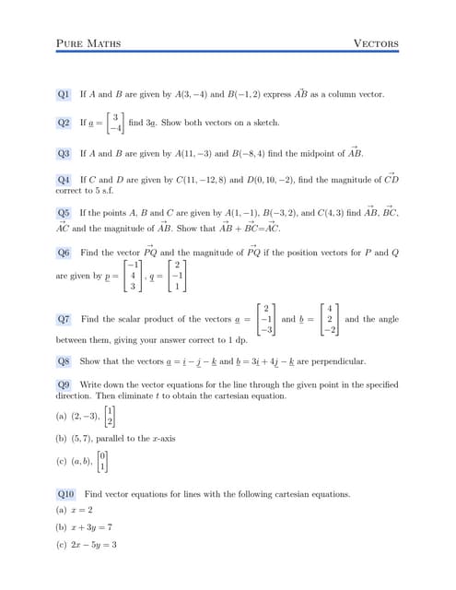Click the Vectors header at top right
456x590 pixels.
[x=376, y=43]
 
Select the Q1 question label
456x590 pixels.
[x=64, y=94]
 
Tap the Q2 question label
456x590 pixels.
[x=64, y=123]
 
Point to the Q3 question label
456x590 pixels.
[x=64, y=153]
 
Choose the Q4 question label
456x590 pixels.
[x=64, y=179]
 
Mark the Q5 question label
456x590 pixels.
[x=64, y=212]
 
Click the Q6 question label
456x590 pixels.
[x=64, y=253]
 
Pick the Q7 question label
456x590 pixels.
[x=64, y=319]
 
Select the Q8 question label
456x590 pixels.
[x=64, y=361]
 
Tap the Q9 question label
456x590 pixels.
[x=64, y=383]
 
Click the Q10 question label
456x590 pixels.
[x=66, y=494]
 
